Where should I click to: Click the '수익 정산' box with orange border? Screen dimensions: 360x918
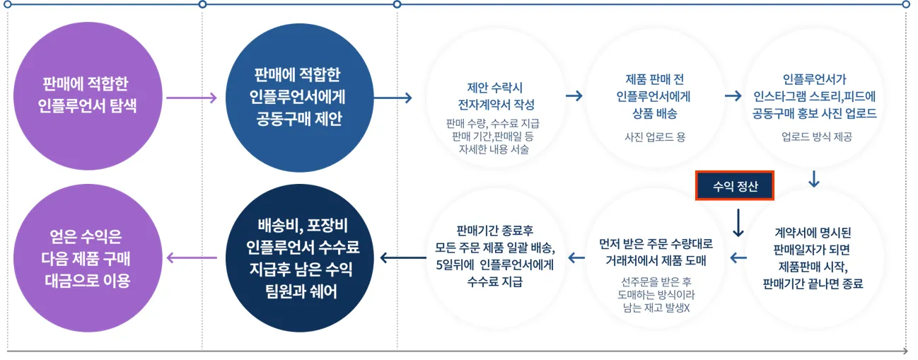point(736,187)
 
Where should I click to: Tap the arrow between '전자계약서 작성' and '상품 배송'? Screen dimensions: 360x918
point(574,95)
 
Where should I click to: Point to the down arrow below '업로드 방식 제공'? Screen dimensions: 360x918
point(813,179)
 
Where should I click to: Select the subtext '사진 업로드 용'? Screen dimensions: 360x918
point(654,137)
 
